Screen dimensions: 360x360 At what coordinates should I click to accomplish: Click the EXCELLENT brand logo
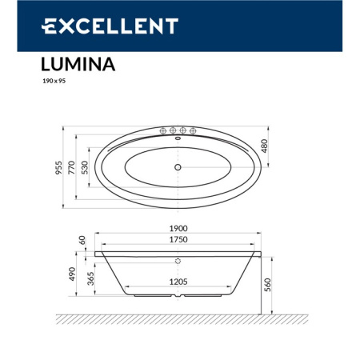(x=109, y=26)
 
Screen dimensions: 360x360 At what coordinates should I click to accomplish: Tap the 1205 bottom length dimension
(x=178, y=282)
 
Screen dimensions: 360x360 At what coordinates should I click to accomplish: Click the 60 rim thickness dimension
(x=82, y=240)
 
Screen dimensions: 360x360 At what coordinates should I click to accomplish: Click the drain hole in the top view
(x=178, y=167)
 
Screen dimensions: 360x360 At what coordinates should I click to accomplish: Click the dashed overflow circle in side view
(x=178, y=260)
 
